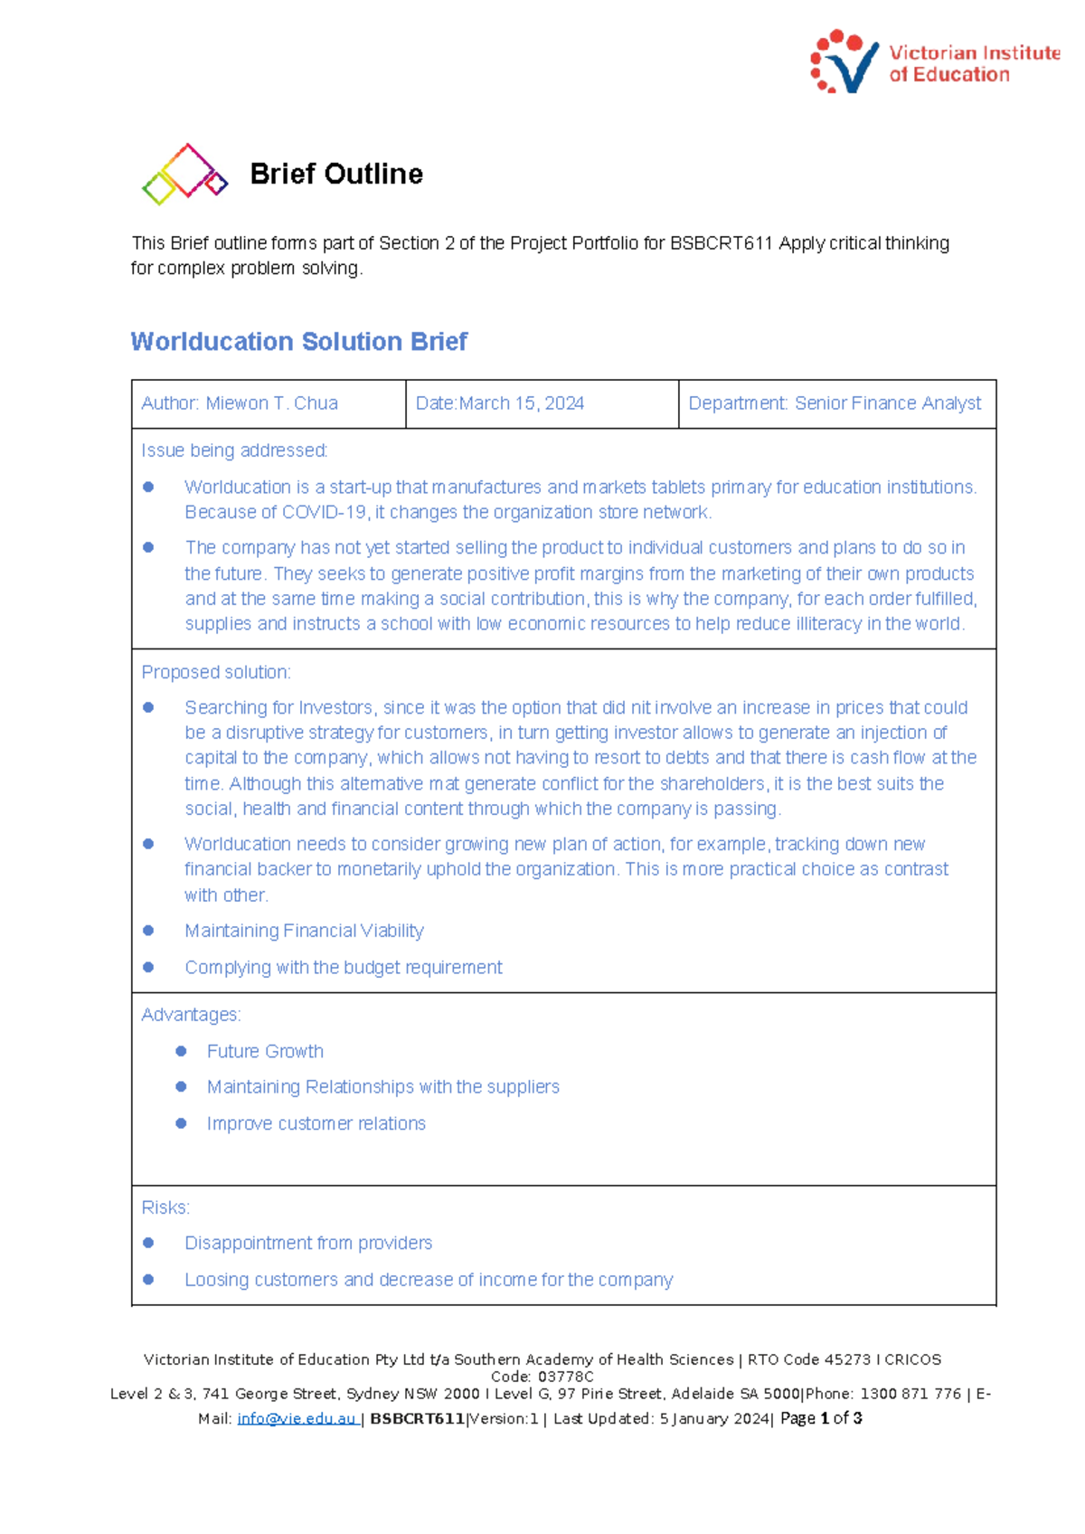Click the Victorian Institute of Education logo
(x=934, y=62)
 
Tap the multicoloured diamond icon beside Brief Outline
(x=184, y=174)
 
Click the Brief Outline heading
(x=336, y=174)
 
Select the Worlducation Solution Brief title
(x=298, y=341)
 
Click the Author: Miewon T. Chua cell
(x=240, y=403)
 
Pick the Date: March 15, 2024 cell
(x=500, y=403)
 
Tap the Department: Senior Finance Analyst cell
(x=835, y=403)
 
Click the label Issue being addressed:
(x=234, y=450)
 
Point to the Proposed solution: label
(x=216, y=672)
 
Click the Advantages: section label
(x=191, y=1015)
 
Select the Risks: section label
(x=165, y=1207)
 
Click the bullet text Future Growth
(x=265, y=1051)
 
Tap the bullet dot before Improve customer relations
(x=181, y=1123)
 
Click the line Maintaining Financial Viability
(x=304, y=931)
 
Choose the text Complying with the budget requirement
(x=344, y=968)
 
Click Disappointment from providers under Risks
(x=308, y=1243)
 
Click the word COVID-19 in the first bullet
(x=325, y=512)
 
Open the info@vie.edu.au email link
(x=297, y=1419)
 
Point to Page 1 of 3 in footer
(x=821, y=1418)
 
